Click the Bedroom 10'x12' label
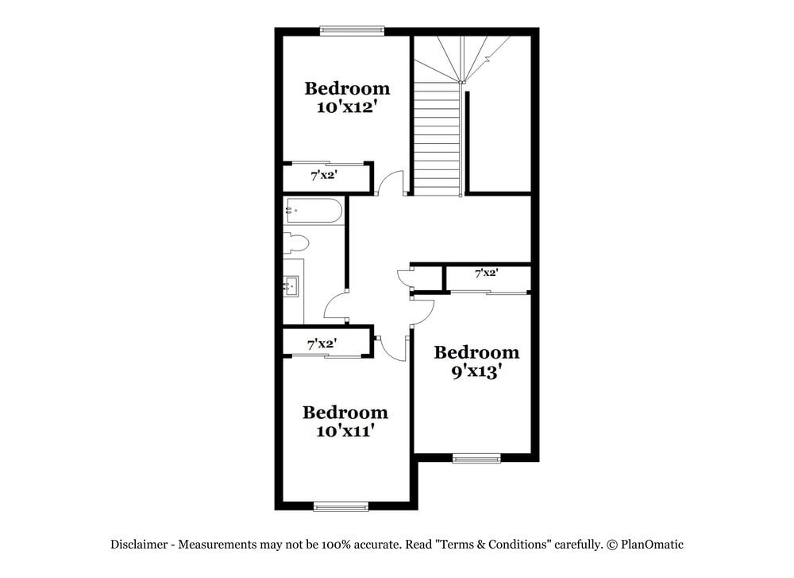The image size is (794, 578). point(347,98)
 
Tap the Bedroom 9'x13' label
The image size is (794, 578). point(476,362)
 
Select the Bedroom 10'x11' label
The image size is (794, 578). point(345,421)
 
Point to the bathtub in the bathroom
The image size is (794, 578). point(314,211)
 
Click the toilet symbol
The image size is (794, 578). point(295,242)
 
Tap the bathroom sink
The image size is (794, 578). point(291,285)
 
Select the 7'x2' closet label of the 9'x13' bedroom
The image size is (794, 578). point(486,273)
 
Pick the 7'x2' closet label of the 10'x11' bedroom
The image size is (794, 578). point(322,343)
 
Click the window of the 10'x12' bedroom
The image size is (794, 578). point(352,31)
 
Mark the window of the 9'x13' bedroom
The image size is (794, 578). point(476,458)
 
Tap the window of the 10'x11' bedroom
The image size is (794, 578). point(341,506)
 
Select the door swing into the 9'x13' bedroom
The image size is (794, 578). point(422,310)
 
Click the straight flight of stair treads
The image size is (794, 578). point(437,139)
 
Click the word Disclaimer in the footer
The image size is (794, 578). point(139,545)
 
